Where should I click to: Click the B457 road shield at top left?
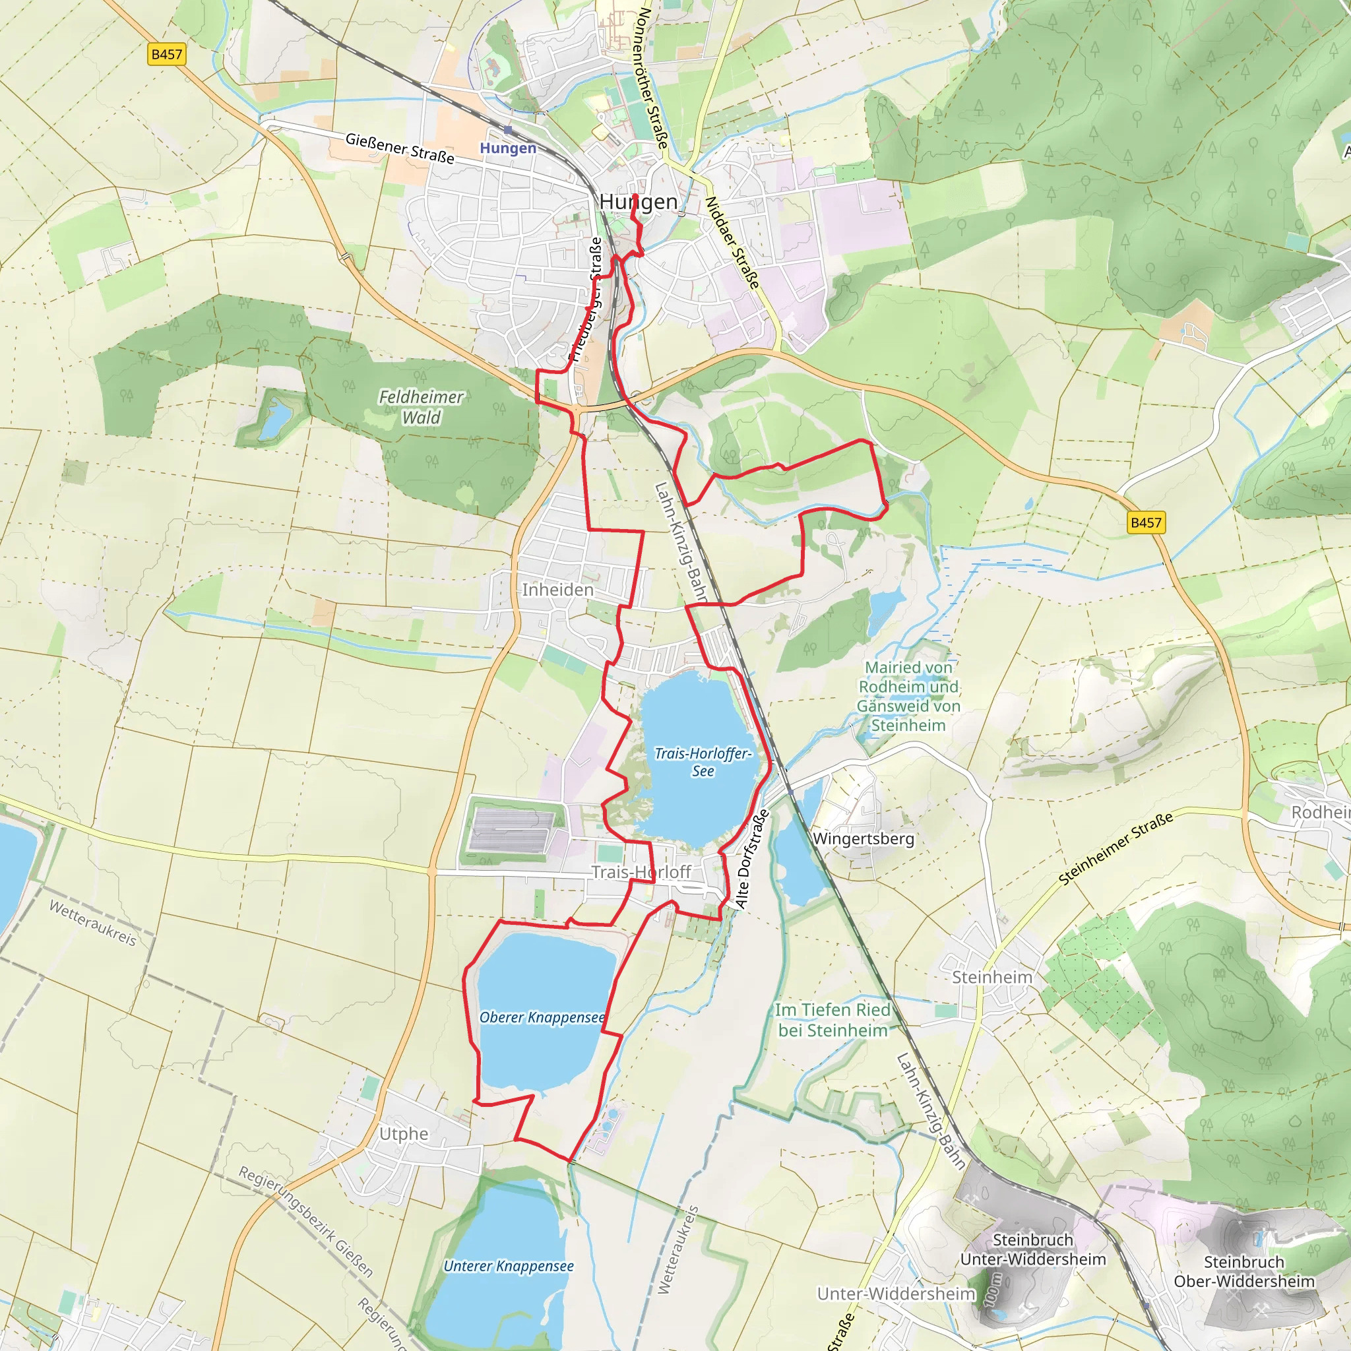point(166,55)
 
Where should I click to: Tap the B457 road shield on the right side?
point(1147,522)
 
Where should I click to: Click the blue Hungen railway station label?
point(508,148)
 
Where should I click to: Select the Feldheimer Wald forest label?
point(421,407)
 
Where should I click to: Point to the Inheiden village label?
point(557,590)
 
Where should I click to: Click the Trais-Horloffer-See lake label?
point(702,761)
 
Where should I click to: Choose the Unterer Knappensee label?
point(509,1266)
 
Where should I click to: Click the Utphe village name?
point(404,1133)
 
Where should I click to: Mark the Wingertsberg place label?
point(863,838)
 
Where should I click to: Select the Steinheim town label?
point(991,977)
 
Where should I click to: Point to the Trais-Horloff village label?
point(641,871)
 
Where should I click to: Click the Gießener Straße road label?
point(400,148)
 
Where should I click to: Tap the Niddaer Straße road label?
point(732,242)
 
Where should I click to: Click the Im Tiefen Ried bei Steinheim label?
point(832,1020)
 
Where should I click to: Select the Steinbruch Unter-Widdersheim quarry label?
point(1032,1249)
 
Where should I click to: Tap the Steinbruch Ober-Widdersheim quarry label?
point(1243,1271)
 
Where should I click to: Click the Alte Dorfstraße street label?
point(753,859)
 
